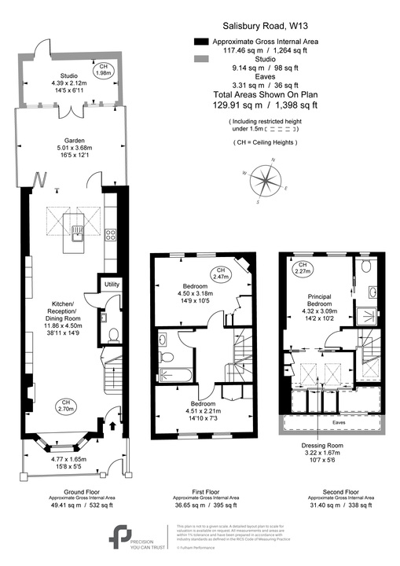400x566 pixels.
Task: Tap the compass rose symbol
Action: [x=269, y=182]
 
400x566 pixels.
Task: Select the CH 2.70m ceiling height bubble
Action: [x=66, y=407]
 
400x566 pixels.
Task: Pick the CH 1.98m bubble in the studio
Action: [x=103, y=69]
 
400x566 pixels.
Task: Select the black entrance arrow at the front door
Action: [x=108, y=426]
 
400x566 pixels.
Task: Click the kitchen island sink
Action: [x=78, y=231]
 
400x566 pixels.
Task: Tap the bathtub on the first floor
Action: [x=176, y=377]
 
